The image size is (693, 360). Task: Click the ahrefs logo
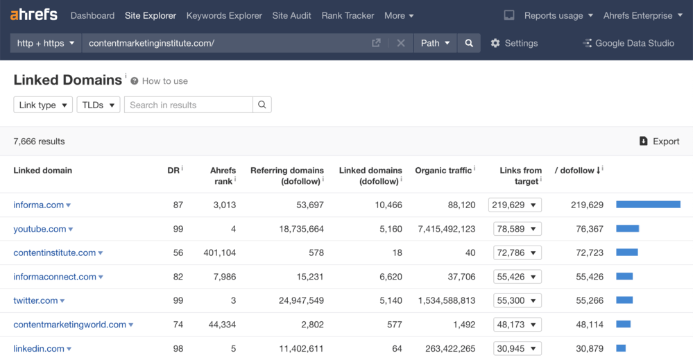[x=34, y=15]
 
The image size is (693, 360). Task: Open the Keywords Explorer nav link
[x=224, y=15]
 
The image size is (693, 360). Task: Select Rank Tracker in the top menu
[x=348, y=15]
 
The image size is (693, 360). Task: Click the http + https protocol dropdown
[x=46, y=43]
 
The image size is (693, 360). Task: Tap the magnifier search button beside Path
[x=469, y=43]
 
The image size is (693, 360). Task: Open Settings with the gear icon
[x=514, y=43]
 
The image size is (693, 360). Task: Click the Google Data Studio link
[x=628, y=43]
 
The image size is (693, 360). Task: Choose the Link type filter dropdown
[x=43, y=105]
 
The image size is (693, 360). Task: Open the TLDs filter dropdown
[x=98, y=105]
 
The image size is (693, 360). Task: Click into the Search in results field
[x=188, y=105]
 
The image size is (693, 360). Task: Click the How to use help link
[x=164, y=81]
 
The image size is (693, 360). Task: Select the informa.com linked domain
[x=39, y=205]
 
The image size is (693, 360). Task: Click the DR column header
[x=173, y=170]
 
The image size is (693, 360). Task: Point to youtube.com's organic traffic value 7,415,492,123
[x=447, y=229]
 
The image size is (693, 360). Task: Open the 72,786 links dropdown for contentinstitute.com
[x=517, y=252]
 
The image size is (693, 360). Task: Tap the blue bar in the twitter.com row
[x=624, y=300]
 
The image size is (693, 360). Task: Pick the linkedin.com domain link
[x=39, y=348]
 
